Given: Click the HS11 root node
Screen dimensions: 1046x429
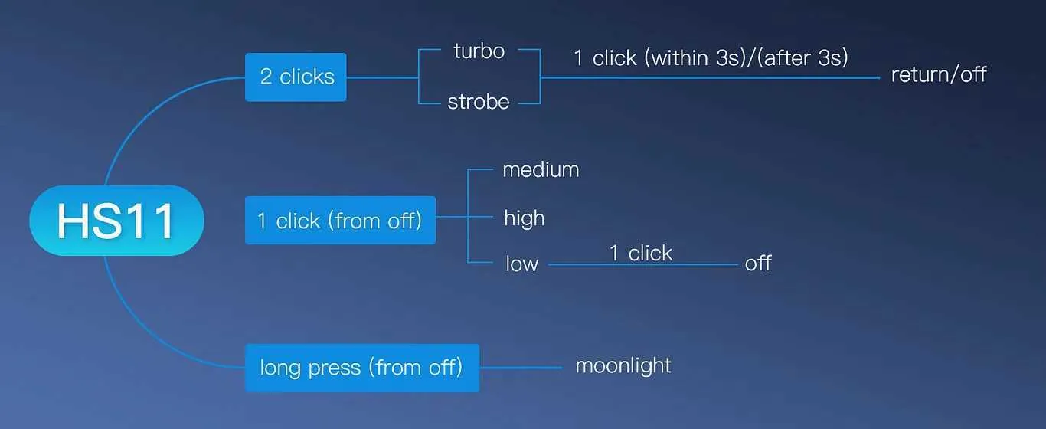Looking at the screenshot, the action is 116,221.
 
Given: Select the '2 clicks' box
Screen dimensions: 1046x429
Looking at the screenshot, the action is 296,77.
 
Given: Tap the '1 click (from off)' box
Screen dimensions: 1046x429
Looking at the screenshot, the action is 341,220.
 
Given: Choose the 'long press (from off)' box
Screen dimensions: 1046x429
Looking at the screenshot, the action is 362,368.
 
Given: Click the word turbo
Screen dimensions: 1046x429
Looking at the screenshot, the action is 479,51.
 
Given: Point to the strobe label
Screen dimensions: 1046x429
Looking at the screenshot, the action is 478,102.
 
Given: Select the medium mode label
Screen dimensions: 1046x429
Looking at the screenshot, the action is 541,169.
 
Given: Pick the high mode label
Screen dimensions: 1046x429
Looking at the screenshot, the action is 524,218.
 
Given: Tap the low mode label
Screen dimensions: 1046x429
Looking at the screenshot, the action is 521,264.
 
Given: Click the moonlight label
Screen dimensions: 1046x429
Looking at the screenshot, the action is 623,366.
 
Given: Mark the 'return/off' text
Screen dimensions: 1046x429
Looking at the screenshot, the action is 939,75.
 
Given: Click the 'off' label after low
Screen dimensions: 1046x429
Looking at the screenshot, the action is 758,263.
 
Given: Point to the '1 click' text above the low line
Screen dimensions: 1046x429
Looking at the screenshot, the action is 641,254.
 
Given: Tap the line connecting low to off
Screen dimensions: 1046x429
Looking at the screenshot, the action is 643,265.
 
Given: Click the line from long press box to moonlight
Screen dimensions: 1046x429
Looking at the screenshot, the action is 521,368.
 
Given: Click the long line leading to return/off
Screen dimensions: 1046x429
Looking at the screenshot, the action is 711,77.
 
